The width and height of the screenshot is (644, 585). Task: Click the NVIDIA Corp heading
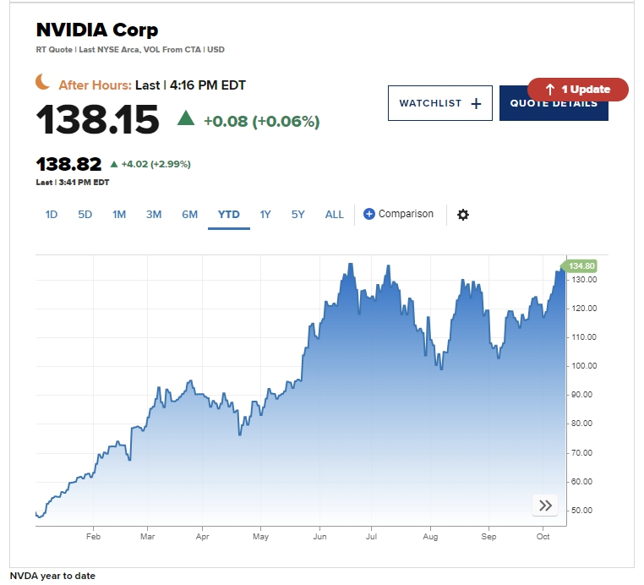click(x=97, y=30)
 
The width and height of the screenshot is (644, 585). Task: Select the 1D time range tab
click(x=52, y=215)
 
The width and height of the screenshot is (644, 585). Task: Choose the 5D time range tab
click(x=85, y=215)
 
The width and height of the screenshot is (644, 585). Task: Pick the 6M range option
click(x=189, y=215)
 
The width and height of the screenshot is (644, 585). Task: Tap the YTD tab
click(x=229, y=215)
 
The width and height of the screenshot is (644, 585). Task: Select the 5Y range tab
click(x=298, y=215)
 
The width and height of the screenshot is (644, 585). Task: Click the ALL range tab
click(x=335, y=215)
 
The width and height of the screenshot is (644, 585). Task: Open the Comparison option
click(x=398, y=214)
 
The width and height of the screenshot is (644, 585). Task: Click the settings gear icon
click(x=463, y=215)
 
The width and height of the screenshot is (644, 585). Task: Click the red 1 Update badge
click(x=578, y=90)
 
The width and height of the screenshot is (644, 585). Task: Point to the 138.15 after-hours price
click(x=97, y=120)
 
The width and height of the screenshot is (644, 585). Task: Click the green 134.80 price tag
click(x=580, y=265)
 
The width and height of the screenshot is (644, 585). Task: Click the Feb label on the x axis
click(x=93, y=537)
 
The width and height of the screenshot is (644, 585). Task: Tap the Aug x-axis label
click(x=430, y=537)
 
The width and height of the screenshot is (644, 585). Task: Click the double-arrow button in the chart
click(x=545, y=506)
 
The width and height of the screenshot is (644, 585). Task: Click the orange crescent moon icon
click(x=43, y=82)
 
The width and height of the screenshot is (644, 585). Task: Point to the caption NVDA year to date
click(x=53, y=576)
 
